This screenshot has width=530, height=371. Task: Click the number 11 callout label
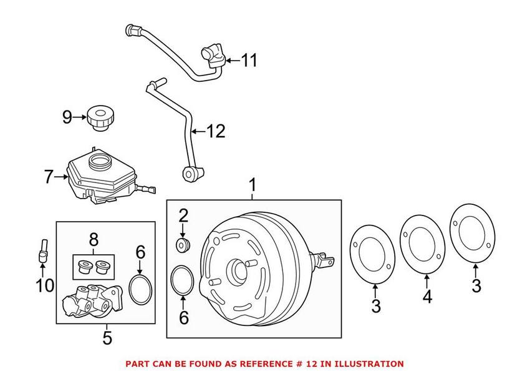click(x=249, y=61)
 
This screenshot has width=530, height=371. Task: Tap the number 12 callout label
click(x=215, y=131)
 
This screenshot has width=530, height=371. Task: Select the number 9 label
click(x=67, y=117)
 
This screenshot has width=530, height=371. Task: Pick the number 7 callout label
click(x=49, y=177)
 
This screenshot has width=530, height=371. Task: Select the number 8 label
click(x=94, y=240)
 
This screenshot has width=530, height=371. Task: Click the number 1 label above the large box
click(x=253, y=185)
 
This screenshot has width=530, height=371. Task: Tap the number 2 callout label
click(x=183, y=216)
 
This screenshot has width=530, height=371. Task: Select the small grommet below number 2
click(x=183, y=244)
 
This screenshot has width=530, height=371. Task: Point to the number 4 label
click(x=426, y=297)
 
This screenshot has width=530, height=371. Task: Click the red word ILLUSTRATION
click(x=369, y=364)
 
